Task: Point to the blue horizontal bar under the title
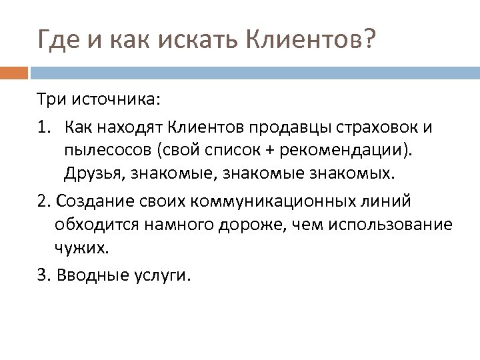pyautogui.click(x=253, y=70)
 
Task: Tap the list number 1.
pyautogui.click(x=43, y=126)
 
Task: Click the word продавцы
pyautogui.click(x=296, y=126)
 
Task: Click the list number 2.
pyautogui.click(x=43, y=201)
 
